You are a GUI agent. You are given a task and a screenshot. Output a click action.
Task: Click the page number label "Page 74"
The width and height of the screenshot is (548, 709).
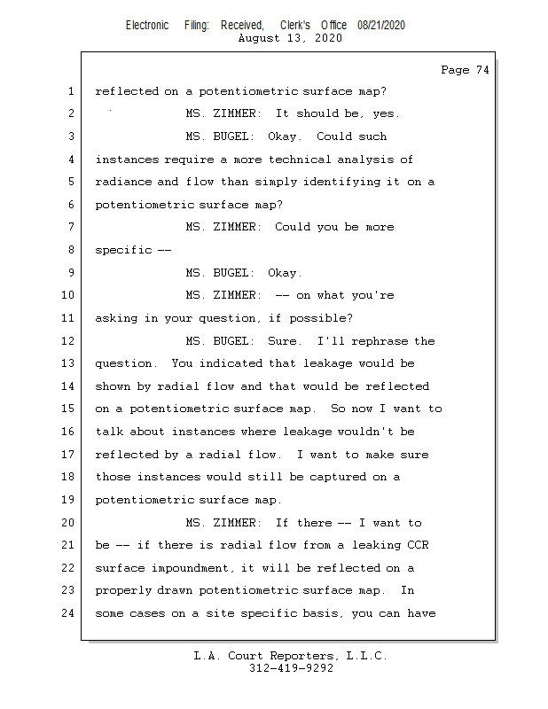[465, 70]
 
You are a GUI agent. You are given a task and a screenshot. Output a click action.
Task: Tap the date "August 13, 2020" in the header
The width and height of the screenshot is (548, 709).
[290, 38]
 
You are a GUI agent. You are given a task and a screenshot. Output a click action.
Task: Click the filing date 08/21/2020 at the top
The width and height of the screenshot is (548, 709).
[381, 26]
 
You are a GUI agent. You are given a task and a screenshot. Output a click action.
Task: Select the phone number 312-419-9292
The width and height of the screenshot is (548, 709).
[291, 668]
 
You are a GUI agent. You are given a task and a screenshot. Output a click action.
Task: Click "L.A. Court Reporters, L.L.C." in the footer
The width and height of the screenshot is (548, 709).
[291, 656]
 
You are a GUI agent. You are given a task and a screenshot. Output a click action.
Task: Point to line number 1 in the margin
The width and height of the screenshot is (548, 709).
[69, 91]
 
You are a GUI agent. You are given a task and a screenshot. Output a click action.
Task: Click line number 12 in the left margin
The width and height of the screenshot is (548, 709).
[69, 341]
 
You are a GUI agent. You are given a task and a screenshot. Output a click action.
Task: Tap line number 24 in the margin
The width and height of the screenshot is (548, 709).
[69, 613]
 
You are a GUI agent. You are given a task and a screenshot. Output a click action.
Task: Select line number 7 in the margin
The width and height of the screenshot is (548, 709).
[69, 227]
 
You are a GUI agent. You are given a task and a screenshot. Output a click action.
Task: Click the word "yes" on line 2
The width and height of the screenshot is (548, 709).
[386, 114]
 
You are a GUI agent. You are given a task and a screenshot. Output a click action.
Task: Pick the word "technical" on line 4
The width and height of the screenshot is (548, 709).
[299, 160]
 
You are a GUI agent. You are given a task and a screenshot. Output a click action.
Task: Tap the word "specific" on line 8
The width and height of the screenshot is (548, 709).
[123, 250]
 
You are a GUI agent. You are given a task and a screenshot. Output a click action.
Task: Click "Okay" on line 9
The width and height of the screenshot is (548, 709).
[285, 273]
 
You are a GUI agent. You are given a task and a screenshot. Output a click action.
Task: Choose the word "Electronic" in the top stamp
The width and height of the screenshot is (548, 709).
[147, 26]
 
